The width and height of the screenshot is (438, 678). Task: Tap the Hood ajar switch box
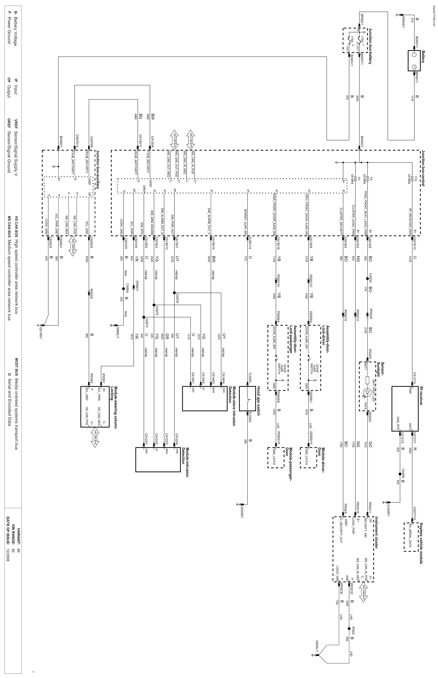(247, 398)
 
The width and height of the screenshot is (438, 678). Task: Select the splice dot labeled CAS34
(367, 279)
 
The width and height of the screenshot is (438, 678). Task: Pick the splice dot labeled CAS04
(123, 289)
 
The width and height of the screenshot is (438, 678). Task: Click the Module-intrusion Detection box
(158, 460)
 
